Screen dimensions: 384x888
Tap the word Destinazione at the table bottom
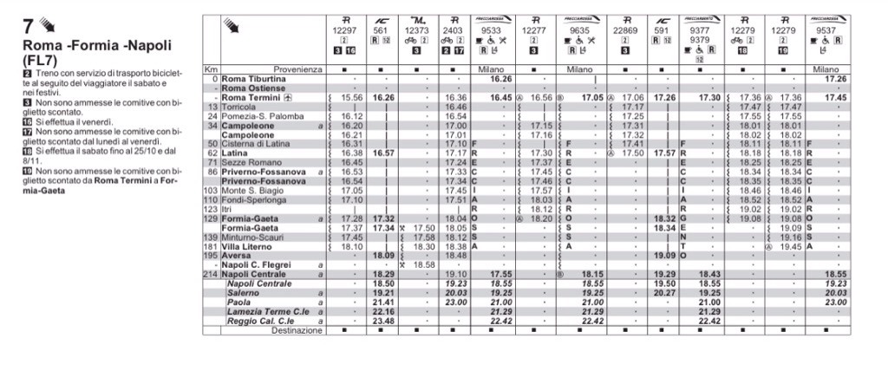pyautogui.click(x=295, y=330)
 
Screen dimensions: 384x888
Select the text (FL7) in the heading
pyautogui.click(x=42, y=62)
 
